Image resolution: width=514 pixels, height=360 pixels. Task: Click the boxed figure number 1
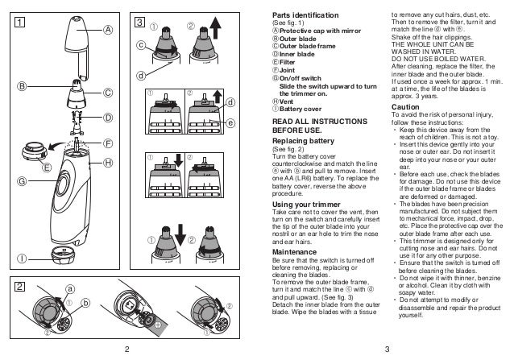pyautogui.click(x=15, y=21)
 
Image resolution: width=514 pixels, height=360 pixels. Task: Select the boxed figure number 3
pyautogui.click(x=139, y=21)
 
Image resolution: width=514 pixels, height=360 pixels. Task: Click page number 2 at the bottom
pyautogui.click(x=126, y=349)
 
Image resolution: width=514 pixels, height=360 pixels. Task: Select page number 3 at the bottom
pyautogui.click(x=387, y=349)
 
